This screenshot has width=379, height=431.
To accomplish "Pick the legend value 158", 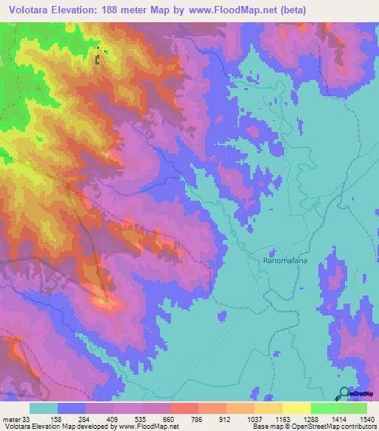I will click(x=65, y=418).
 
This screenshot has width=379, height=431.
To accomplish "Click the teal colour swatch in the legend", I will click(x=44, y=408).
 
